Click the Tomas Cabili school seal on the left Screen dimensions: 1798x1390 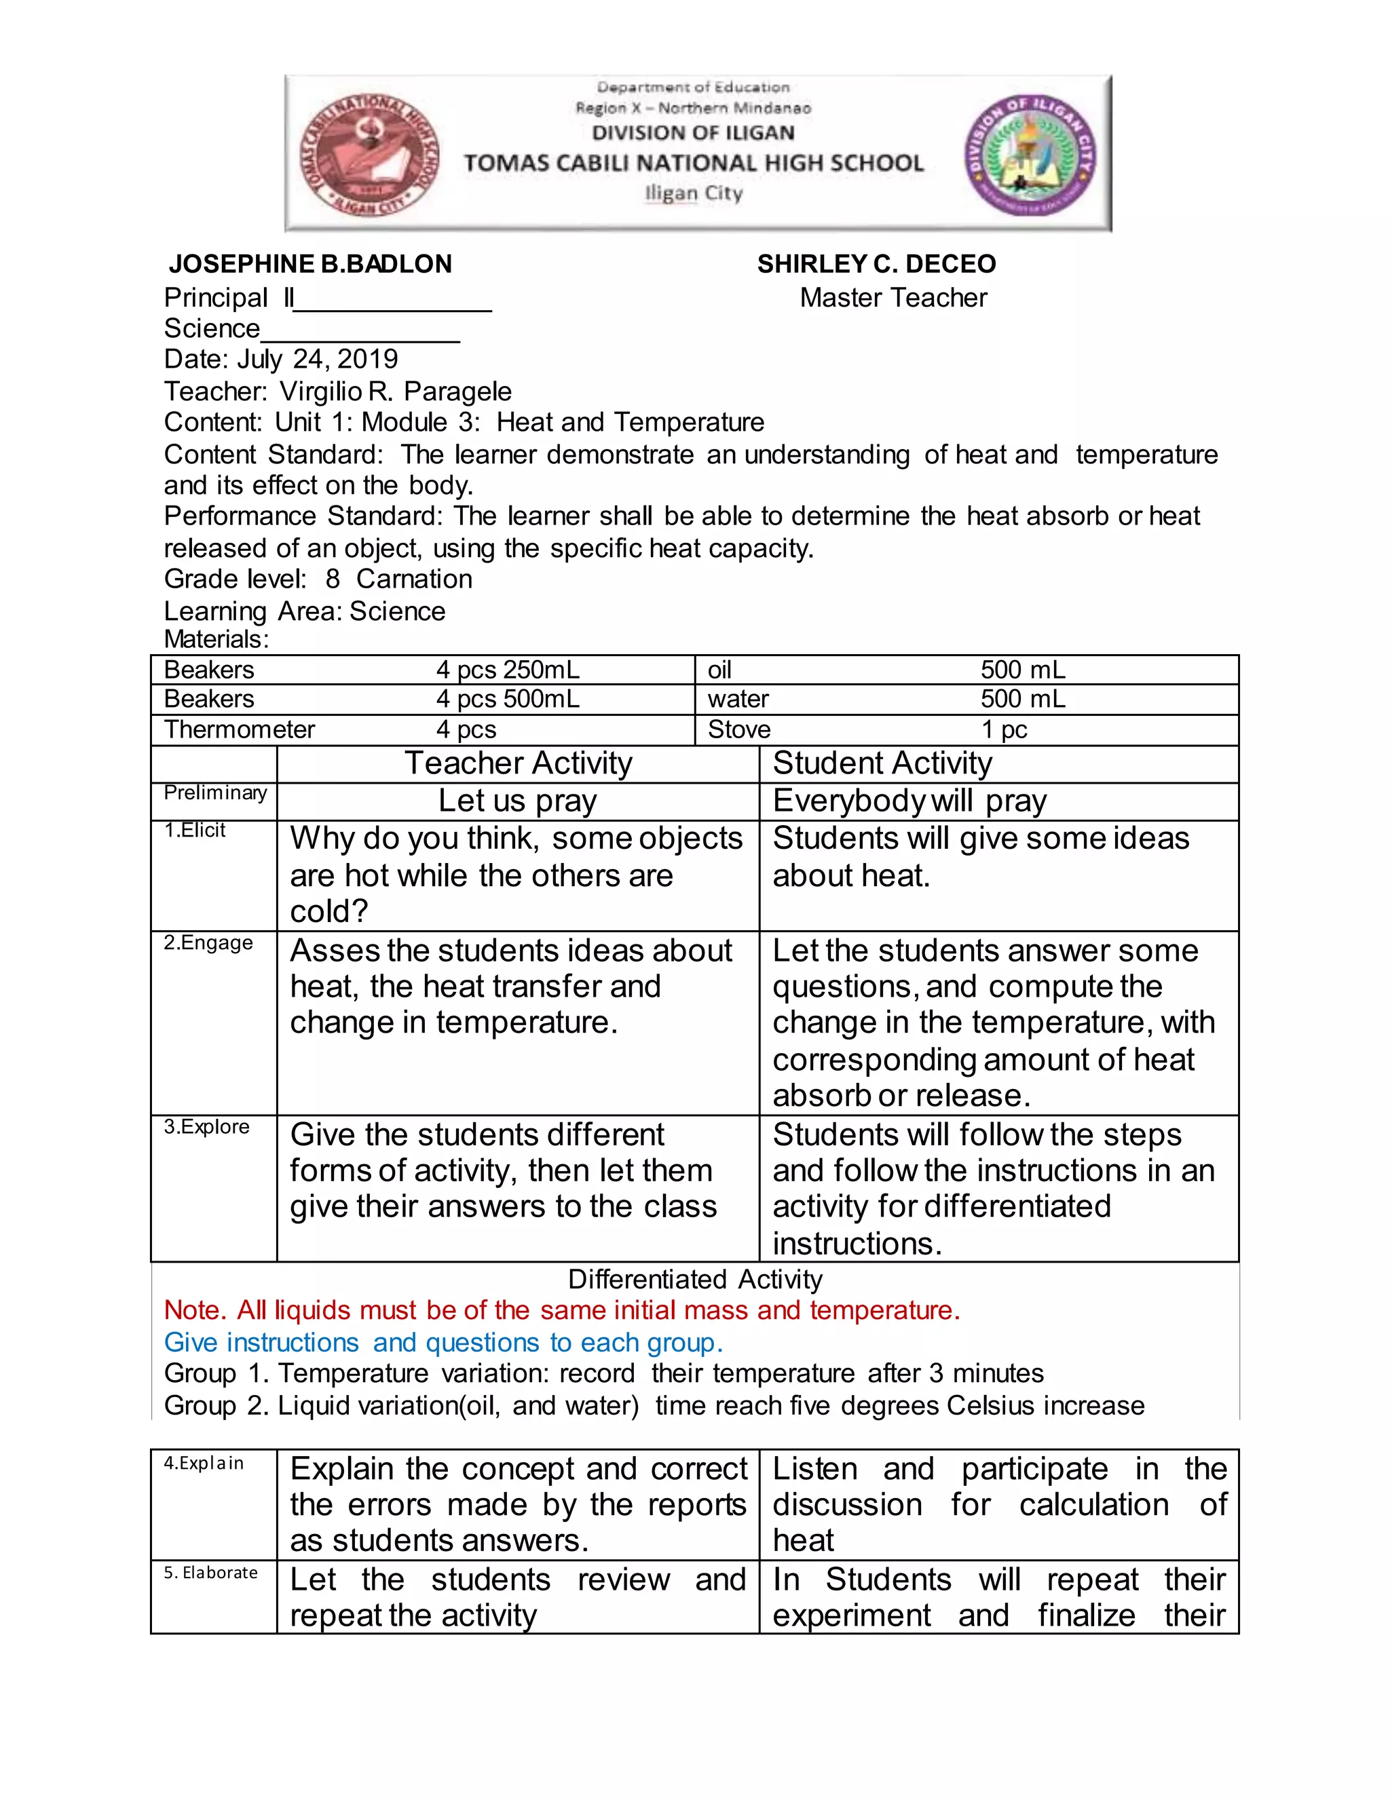point(369,155)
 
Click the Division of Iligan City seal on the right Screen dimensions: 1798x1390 point(1031,155)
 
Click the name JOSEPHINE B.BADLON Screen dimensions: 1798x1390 point(309,263)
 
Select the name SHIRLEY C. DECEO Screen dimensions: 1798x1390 point(876,263)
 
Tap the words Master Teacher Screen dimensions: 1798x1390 point(893,297)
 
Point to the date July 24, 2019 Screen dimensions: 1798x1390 point(317,359)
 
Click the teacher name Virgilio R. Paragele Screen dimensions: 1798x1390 point(395,391)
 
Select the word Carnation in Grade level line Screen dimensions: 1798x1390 point(414,579)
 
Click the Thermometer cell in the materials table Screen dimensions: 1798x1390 point(239,729)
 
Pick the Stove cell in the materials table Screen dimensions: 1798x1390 point(738,729)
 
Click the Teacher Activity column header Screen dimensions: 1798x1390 point(518,763)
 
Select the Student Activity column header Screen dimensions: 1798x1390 point(882,763)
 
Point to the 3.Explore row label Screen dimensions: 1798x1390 point(206,1126)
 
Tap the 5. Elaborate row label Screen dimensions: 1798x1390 point(210,1573)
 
